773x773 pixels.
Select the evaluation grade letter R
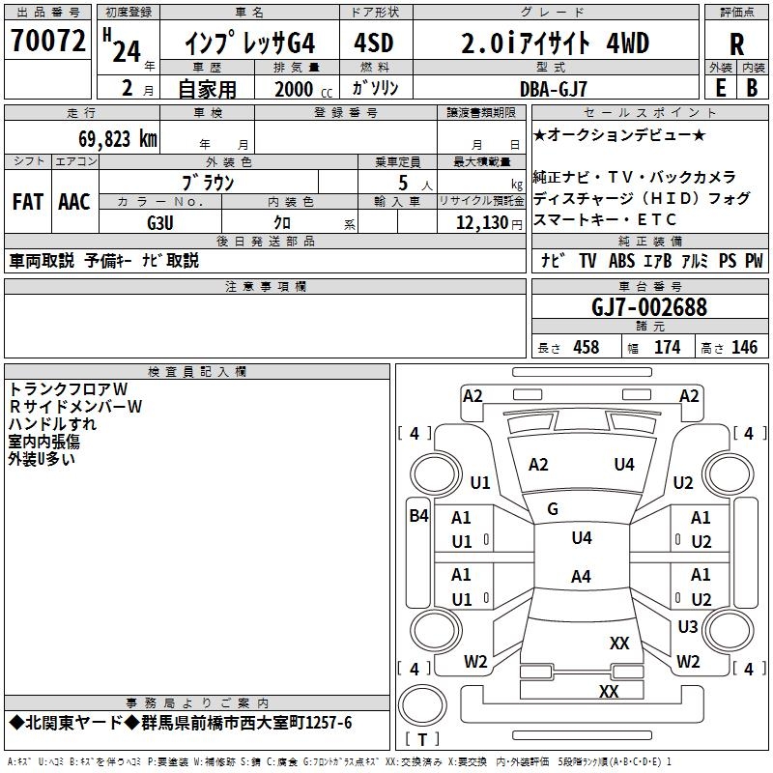tap(736, 43)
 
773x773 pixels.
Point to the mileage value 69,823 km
tap(107, 138)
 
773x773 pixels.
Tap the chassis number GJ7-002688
tap(649, 307)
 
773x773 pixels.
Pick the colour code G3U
tap(160, 222)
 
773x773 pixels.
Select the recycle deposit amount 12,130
tap(479, 222)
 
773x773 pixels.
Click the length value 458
tap(586, 348)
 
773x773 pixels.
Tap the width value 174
tap(667, 348)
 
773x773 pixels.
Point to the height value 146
tap(744, 348)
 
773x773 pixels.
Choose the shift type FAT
tap(28, 202)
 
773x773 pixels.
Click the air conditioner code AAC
tap(74, 202)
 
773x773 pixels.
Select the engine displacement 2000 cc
tap(294, 89)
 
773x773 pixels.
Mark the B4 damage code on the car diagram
tap(418, 516)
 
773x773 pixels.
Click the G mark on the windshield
tap(553, 509)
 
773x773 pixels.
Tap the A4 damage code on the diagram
tap(581, 577)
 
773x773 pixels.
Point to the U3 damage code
tap(687, 627)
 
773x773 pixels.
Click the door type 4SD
tap(373, 43)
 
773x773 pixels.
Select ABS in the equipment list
tap(620, 261)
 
